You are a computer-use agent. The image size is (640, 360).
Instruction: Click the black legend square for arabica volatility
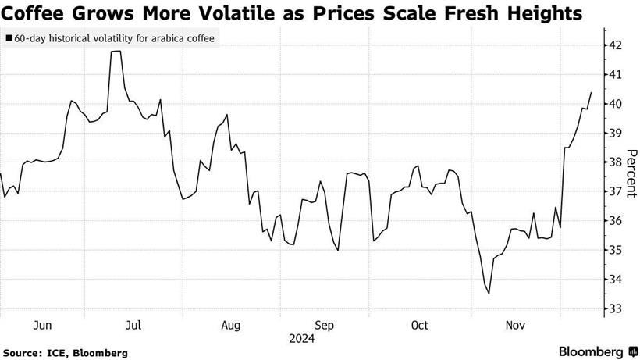9,37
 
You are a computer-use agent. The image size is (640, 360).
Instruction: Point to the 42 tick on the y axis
615,45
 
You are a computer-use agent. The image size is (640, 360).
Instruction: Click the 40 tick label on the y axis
615,104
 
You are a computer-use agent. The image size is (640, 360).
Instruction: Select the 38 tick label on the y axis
615,162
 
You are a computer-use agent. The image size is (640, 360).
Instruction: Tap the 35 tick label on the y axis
615,250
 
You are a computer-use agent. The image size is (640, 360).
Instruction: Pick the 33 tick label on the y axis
615,308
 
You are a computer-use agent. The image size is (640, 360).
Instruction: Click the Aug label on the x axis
230,325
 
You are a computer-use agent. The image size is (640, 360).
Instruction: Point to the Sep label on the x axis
325,325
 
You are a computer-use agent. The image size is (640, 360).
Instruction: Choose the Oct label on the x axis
420,325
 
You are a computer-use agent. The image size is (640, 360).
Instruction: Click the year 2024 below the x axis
301,339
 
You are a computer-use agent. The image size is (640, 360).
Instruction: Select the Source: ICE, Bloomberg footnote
64,353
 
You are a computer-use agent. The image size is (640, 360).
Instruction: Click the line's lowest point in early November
489,294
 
